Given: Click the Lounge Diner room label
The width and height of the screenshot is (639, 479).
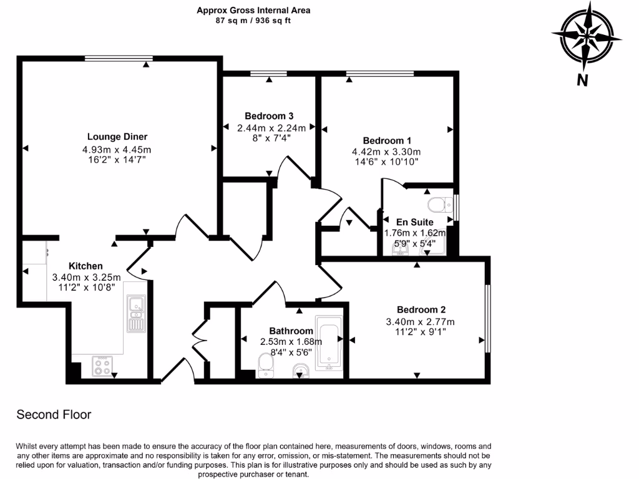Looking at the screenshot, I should coord(117,137).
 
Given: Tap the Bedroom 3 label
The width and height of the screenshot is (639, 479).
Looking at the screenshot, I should coord(269,116).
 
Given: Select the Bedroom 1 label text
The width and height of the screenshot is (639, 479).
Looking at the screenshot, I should coord(386,140).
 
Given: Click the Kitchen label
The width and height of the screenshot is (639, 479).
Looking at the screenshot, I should coord(85,266).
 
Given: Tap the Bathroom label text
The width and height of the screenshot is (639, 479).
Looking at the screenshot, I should coord(291,331).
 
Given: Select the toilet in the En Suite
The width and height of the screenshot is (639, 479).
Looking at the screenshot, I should coord(441,204).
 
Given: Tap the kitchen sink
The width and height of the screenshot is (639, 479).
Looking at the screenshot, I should coord(135,306).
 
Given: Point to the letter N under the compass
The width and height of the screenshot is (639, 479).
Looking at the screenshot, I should coord(582,80).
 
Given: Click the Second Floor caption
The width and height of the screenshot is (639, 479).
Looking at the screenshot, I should coord(54,414).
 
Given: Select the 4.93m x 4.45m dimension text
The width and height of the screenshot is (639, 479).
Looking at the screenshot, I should coord(117,149).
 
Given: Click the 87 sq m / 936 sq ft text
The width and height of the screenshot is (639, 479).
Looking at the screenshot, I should coord(253,21).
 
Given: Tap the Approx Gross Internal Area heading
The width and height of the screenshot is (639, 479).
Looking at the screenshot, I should coord(253,10).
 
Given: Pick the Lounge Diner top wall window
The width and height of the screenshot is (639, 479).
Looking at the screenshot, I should coord(119,59).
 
